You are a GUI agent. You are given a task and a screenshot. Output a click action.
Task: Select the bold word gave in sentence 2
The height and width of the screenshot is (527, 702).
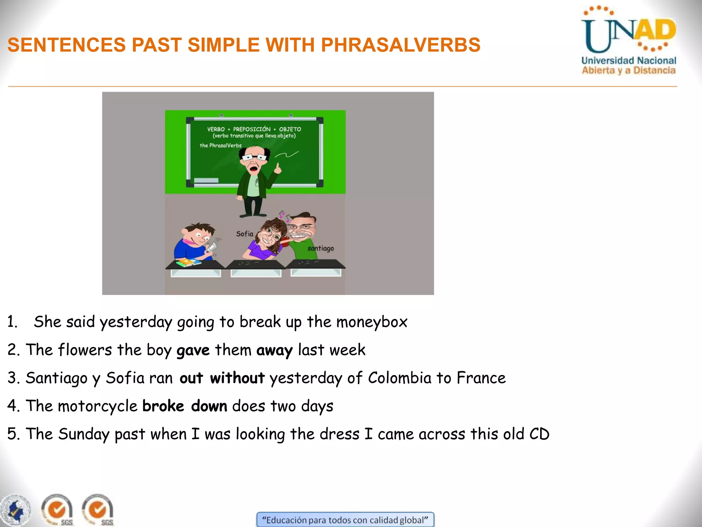[193, 350]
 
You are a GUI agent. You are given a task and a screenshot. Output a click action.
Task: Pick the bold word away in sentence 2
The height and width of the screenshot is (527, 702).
[274, 350]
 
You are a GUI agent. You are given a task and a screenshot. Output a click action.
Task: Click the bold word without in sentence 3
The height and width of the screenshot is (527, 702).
[237, 378]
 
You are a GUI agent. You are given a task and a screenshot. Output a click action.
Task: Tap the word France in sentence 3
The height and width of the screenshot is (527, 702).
[481, 378]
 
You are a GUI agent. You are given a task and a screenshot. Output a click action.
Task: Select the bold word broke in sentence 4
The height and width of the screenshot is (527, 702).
[163, 406]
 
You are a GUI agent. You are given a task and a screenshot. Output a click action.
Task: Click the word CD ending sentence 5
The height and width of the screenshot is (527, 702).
[539, 434]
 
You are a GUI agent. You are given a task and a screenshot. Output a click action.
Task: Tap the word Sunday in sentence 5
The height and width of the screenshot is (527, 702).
[84, 434]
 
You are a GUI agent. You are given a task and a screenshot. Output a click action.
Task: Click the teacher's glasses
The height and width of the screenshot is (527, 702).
[254, 157]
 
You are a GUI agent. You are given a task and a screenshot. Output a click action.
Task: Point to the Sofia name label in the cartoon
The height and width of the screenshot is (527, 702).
[244, 234]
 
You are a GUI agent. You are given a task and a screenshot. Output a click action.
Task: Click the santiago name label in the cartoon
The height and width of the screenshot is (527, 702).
[320, 248]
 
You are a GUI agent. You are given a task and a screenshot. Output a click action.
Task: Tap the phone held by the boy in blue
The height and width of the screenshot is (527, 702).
[211, 246]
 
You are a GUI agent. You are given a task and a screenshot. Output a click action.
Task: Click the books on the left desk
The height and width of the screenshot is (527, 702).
[188, 263]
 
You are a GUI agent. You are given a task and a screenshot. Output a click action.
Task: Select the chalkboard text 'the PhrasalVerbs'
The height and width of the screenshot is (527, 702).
[220, 145]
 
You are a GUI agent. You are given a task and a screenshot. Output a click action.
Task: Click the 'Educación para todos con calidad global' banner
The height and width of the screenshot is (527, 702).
[345, 520]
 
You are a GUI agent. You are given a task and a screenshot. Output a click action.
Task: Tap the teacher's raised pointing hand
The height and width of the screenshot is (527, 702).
[278, 168]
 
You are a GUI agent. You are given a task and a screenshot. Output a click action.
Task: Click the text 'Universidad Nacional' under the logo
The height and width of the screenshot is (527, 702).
[629, 61]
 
